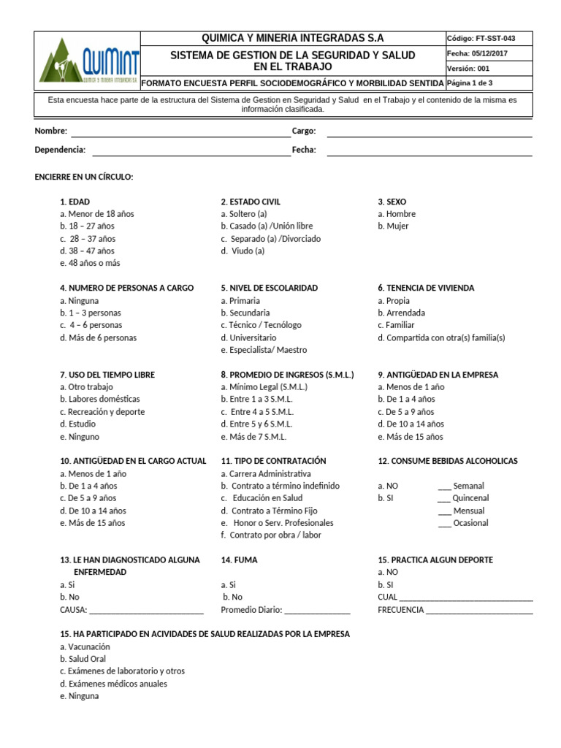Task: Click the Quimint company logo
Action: click(x=87, y=61)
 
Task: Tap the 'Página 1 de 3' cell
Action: click(x=470, y=83)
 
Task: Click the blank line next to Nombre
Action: click(x=180, y=132)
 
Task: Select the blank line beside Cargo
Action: click(x=429, y=132)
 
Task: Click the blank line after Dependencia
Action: click(x=191, y=151)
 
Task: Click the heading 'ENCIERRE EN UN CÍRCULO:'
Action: click(x=84, y=178)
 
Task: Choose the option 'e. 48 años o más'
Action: click(x=90, y=263)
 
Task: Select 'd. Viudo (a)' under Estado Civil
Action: click(x=243, y=251)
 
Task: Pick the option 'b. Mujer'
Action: click(x=393, y=226)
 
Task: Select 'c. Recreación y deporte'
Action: click(x=102, y=412)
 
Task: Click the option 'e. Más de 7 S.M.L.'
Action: click(x=253, y=437)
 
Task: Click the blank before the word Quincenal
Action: click(x=444, y=499)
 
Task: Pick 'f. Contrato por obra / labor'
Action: click(x=270, y=535)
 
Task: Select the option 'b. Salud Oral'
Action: click(x=83, y=659)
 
